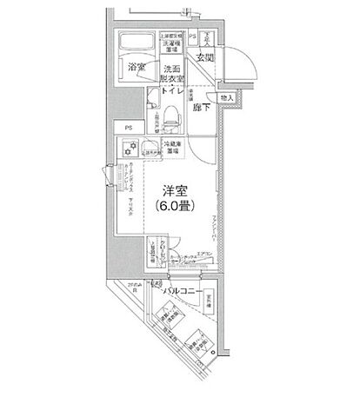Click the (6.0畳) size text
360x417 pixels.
click(x=175, y=207)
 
